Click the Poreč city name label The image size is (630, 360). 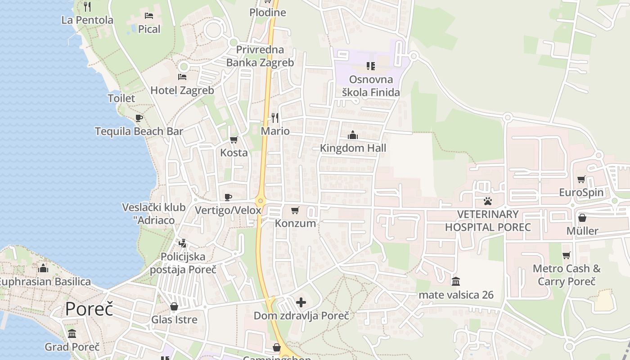click(x=89, y=309)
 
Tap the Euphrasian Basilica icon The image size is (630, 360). click(x=43, y=268)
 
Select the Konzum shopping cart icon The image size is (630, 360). click(x=295, y=210)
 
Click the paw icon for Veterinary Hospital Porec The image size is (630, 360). click(x=488, y=201)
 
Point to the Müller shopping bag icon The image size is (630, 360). click(x=582, y=218)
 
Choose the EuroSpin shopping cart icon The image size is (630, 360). click(x=581, y=179)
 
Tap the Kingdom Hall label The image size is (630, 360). click(x=353, y=148)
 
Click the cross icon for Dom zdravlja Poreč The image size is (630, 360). click(x=301, y=302)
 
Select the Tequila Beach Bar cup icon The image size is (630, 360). click(x=139, y=118)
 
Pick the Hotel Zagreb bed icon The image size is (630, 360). click(x=182, y=77)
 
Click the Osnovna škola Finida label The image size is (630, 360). click(x=371, y=86)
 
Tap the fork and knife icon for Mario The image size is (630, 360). click(x=275, y=118)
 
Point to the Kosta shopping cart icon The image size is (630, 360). click(x=234, y=139)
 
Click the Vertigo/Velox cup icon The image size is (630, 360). click(x=228, y=197)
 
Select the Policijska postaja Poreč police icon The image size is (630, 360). click(x=182, y=243)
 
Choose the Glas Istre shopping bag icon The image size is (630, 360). click(x=174, y=307)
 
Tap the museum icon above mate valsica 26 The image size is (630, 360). click(x=456, y=282)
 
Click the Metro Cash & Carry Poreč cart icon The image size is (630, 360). click(x=566, y=256)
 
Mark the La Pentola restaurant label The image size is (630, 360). click(x=87, y=20)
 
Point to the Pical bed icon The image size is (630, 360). click(x=149, y=16)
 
